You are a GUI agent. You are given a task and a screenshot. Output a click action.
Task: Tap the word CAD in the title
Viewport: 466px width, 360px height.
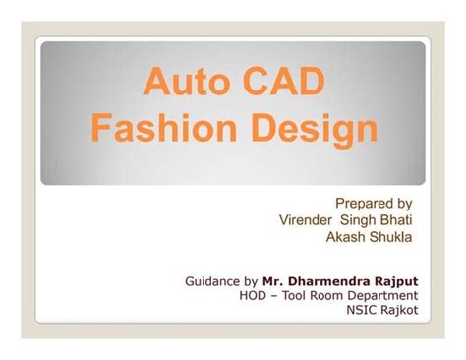[280, 82]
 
